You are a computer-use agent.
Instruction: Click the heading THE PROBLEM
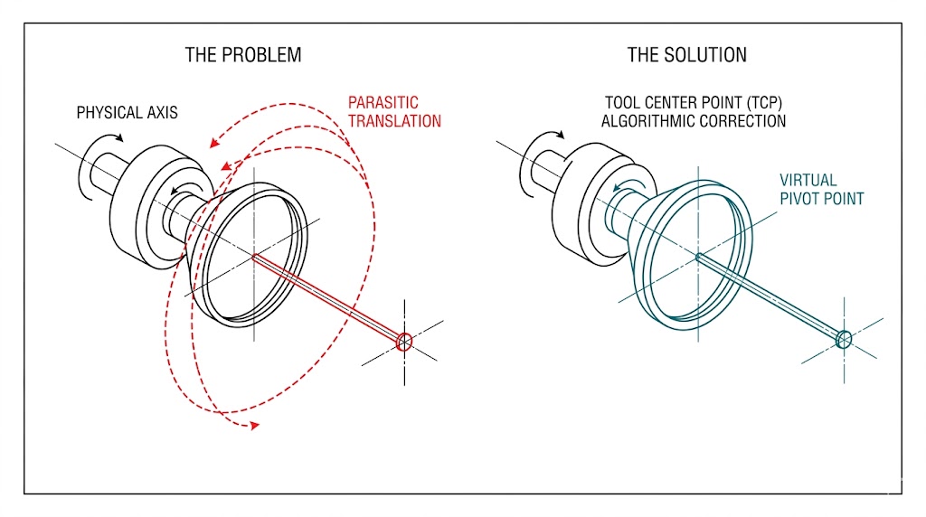[x=243, y=55]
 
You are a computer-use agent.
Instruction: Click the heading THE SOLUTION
[x=687, y=55]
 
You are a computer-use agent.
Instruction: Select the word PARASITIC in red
[x=383, y=103]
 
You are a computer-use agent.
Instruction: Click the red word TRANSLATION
[x=394, y=120]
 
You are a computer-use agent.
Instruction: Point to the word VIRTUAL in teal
[x=808, y=181]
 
